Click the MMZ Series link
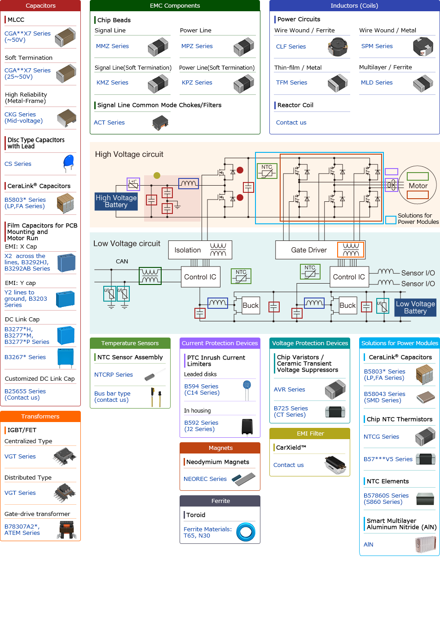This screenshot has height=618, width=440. pos(112,46)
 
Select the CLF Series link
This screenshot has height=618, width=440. pos(290,47)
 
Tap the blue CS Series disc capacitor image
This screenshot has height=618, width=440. pos(69,163)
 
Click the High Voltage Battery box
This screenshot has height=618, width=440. pos(116,201)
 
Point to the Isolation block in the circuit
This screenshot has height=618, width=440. pos(188,250)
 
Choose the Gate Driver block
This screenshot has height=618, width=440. pos(309,250)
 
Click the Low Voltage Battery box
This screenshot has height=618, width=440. pos(415,307)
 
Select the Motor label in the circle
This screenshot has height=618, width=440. pos(418,186)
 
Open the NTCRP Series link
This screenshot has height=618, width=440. pos(114,375)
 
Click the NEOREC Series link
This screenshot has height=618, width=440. pos(205,479)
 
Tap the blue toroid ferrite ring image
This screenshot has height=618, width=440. pos(246,532)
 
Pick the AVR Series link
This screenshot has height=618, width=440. pos(290,390)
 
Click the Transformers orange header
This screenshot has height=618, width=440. pos(40,417)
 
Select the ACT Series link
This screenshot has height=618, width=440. pos(109,123)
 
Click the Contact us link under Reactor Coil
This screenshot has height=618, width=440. pos(291,123)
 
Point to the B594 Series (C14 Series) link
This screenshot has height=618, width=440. pos(202,390)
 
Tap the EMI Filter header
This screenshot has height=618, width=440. pos(310,434)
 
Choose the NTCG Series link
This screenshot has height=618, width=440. pos(381,437)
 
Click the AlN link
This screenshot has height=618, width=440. pos(369,545)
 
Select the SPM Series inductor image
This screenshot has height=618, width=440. pos(422,47)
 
